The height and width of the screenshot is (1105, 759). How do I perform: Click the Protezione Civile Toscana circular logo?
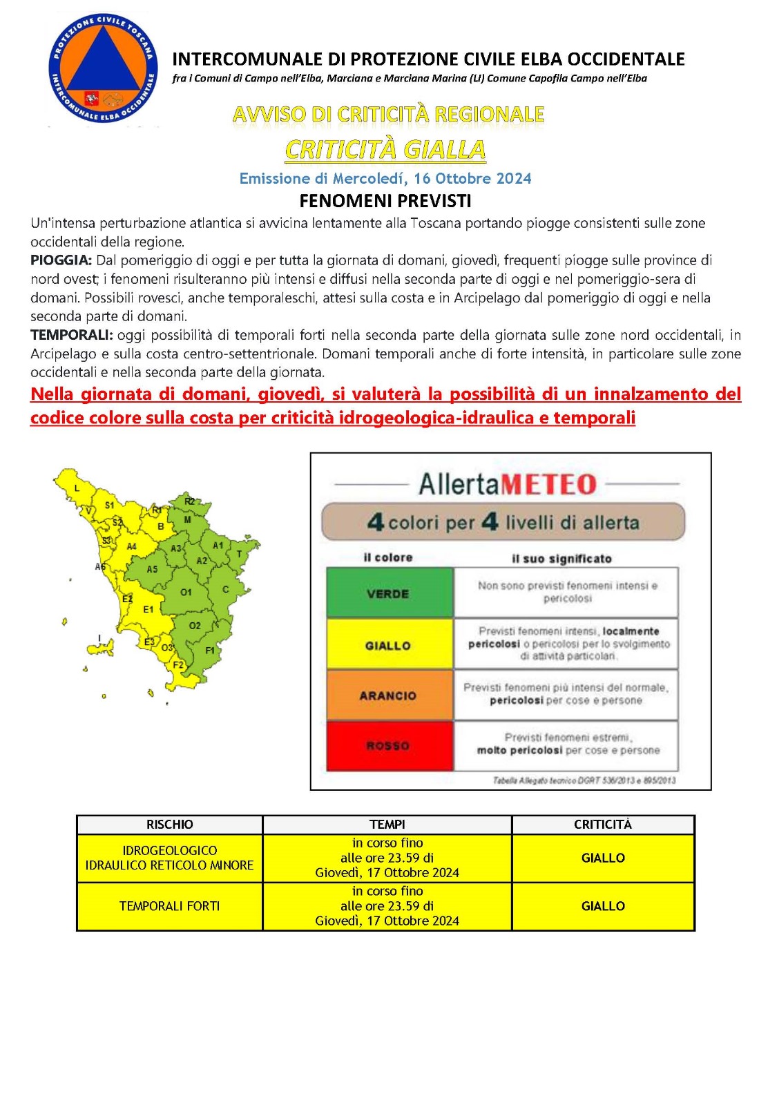(102, 70)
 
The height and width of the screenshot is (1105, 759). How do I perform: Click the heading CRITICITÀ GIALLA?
(385, 149)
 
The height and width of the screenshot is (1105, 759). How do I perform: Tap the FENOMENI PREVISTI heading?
(385, 201)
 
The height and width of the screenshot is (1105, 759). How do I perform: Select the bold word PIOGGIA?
(61, 260)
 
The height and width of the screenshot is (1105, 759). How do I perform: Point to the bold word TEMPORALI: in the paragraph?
(71, 335)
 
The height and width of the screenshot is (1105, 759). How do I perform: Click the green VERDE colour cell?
(389, 593)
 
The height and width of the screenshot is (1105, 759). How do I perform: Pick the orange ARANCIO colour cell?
(389, 695)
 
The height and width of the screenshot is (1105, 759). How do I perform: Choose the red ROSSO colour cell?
(389, 746)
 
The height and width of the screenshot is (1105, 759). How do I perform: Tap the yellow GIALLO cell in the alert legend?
(389, 645)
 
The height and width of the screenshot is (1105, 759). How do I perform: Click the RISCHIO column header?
(169, 825)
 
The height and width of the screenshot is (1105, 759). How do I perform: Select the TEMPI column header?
(387, 825)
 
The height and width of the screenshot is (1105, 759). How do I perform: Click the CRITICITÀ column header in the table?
(603, 825)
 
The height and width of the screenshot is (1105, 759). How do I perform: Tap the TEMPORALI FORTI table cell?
(169, 906)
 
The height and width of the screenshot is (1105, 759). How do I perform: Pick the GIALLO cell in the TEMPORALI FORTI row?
(603, 906)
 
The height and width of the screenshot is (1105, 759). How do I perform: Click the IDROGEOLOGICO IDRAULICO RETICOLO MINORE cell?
(169, 858)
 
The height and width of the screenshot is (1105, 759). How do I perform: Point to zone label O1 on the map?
(186, 592)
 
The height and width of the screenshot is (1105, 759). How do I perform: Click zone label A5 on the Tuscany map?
(152, 569)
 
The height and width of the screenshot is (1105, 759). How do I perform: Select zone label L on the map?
(77, 488)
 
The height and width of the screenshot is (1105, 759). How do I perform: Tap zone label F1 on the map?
(210, 650)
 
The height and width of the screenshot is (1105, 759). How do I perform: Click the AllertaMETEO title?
(508, 484)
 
